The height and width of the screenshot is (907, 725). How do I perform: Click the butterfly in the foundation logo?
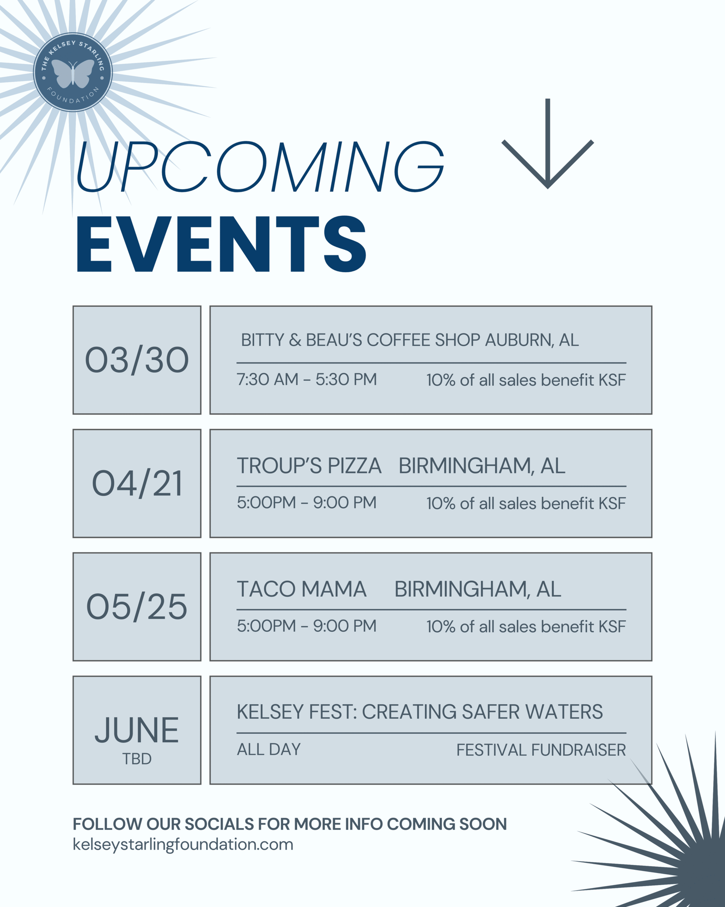tap(73, 73)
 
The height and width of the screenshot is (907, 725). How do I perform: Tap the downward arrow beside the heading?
tap(547, 143)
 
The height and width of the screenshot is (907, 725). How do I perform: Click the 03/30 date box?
tap(137, 360)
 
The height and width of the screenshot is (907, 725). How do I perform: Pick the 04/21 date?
tap(137, 483)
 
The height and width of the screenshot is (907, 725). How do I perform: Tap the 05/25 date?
tap(137, 607)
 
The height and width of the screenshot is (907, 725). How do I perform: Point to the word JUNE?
tap(137, 730)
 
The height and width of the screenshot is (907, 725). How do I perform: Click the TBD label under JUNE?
tap(137, 759)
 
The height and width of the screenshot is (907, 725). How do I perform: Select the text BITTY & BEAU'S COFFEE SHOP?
tap(360, 340)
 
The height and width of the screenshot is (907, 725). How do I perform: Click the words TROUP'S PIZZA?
tap(309, 466)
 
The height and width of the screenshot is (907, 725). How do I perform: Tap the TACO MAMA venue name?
tap(301, 589)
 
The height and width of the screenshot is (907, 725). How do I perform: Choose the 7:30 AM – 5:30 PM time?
tap(307, 380)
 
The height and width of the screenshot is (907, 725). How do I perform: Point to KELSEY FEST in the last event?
tap(296, 712)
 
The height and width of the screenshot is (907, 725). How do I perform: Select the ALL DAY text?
tap(269, 749)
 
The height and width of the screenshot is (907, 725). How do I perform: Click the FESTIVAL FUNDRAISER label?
tap(541, 750)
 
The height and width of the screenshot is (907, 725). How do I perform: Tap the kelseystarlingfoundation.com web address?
tap(183, 844)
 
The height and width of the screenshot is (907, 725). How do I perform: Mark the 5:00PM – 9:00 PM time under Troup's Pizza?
tap(307, 502)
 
